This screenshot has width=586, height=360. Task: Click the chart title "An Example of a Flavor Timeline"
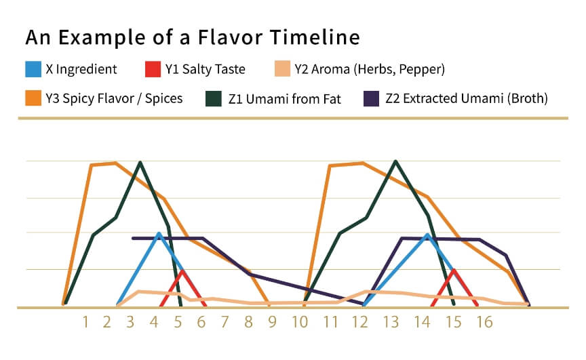[193, 37]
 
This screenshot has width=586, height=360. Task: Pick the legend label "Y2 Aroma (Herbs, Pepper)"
[370, 68]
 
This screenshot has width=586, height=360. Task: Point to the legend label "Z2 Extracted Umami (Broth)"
[466, 98]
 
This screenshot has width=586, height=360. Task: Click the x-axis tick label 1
[86, 321]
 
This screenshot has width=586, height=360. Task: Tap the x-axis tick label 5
[178, 321]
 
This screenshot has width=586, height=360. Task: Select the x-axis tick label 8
[249, 321]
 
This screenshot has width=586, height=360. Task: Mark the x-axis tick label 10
[300, 321]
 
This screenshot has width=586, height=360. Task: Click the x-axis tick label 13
[391, 321]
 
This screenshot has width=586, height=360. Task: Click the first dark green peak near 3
[140, 163]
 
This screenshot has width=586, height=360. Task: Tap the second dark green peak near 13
[395, 161]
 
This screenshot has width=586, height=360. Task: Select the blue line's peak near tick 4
[159, 233]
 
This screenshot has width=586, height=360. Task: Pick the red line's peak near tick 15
[454, 270]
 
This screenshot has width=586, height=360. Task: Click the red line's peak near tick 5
[182, 271]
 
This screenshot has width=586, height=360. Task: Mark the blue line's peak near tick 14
[427, 235]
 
